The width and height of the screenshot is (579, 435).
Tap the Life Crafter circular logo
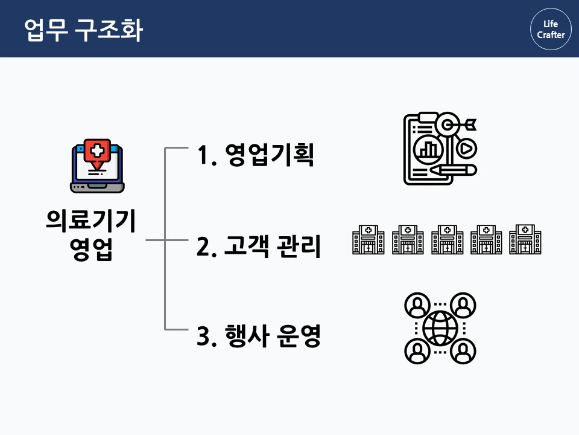point(551,29)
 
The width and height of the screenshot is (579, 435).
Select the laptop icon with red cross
point(97,167)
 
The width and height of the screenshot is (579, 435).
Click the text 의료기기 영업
point(91,234)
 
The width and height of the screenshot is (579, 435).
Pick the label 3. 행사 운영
point(258,337)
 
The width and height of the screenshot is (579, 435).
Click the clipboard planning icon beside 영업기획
point(440,148)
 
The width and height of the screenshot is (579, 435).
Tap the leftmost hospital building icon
point(368,239)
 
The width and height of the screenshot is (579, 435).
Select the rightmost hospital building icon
point(525,239)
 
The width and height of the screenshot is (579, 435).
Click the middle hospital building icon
point(447,239)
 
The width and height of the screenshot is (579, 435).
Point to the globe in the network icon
point(440,328)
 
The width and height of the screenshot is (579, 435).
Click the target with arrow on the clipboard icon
point(449,125)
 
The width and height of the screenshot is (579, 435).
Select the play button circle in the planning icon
point(466,148)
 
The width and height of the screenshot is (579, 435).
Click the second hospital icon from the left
point(408,239)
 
